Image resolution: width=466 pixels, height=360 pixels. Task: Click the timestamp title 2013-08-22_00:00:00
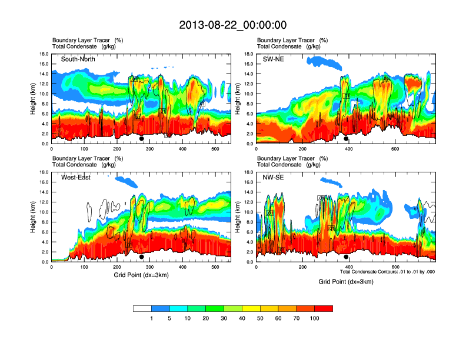click(x=232, y=25)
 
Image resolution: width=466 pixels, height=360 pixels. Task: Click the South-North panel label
click(x=78, y=59)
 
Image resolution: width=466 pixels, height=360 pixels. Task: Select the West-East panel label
click(x=76, y=178)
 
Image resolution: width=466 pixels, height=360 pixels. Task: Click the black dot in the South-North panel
click(x=142, y=139)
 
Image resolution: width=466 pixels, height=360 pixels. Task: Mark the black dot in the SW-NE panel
click(x=346, y=139)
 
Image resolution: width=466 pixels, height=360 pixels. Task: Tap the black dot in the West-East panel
click(x=142, y=257)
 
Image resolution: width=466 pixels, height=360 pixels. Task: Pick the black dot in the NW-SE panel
click(x=346, y=257)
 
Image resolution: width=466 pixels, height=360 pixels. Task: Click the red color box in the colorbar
click(x=324, y=308)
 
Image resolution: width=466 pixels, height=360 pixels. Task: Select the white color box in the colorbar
click(x=142, y=308)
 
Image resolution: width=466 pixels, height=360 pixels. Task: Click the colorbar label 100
click(x=315, y=318)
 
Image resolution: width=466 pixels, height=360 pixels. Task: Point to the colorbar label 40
click(x=242, y=318)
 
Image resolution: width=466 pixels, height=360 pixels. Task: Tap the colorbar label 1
click(x=151, y=318)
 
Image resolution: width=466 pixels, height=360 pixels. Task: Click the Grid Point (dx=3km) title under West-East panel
click(x=141, y=275)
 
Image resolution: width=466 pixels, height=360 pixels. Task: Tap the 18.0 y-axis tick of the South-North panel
click(x=44, y=54)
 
